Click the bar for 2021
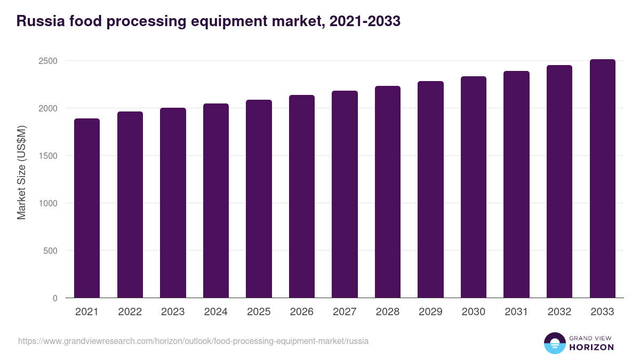(87, 208)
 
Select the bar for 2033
(602, 179)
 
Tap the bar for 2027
(345, 194)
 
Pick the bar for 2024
(216, 201)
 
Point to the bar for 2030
(474, 187)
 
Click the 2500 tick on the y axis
(47, 61)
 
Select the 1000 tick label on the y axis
(47, 203)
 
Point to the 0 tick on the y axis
(55, 298)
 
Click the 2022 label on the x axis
(130, 312)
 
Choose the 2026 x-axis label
(302, 312)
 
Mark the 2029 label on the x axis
(430, 312)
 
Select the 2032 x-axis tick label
(559, 312)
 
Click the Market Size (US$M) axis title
(21, 173)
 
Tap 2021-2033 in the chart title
(365, 21)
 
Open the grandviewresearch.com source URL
(193, 341)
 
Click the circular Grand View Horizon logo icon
(555, 343)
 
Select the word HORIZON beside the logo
(591, 347)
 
